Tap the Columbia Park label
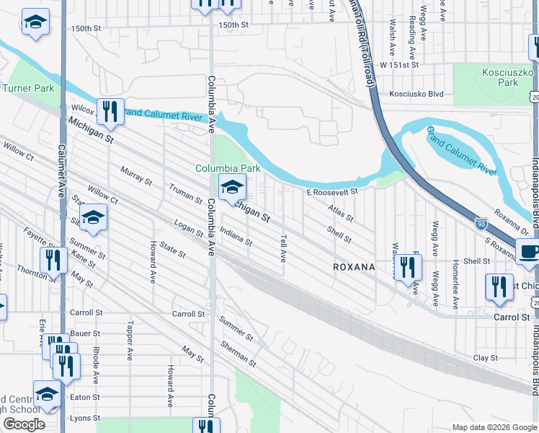(228, 168)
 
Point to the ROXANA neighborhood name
(354, 267)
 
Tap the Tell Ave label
(284, 248)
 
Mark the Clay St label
(486, 358)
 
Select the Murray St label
(136, 176)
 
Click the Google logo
(24, 424)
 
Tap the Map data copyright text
(493, 427)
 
